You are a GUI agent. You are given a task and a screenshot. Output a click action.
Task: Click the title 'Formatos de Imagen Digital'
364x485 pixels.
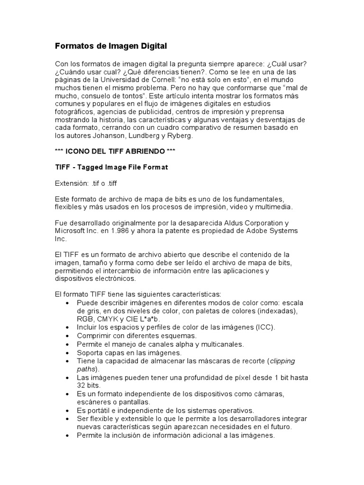(x=111, y=46)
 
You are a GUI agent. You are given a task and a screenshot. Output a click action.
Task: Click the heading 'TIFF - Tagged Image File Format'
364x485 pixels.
(x=112, y=167)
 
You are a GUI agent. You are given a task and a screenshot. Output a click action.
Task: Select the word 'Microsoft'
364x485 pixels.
(x=71, y=231)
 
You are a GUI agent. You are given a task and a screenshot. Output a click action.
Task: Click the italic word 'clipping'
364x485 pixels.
(x=282, y=361)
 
